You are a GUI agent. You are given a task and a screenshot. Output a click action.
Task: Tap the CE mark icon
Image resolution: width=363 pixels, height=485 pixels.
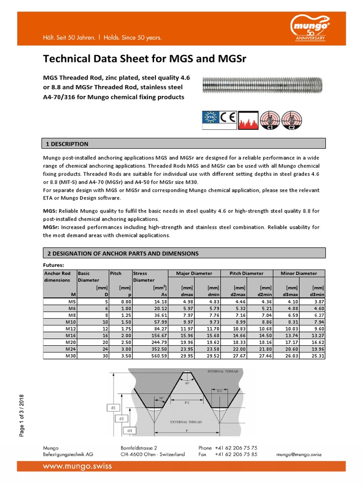tap(226, 117)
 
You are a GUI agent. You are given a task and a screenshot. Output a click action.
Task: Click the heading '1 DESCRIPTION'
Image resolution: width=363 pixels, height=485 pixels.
tap(66, 144)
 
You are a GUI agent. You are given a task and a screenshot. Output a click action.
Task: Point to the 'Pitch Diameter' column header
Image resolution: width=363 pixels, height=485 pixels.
tap(246, 273)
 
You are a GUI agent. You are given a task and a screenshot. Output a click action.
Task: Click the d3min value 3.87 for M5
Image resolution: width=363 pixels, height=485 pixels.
tap(317, 301)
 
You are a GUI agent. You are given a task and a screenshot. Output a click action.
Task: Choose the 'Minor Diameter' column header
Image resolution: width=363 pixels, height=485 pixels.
tap(299, 273)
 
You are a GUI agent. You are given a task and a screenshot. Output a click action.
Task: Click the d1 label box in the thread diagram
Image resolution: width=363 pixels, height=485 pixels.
tap(113, 407)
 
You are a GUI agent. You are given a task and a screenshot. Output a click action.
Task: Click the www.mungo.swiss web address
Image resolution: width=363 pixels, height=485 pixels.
tap(78, 466)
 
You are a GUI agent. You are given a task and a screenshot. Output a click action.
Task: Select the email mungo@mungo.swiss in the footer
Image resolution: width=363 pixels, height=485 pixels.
tap(299, 454)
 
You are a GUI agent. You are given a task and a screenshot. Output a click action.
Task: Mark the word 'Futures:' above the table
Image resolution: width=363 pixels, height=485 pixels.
tap(53, 265)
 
